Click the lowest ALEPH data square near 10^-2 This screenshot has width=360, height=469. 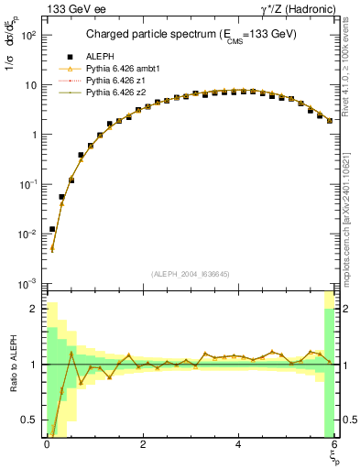[52, 229]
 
